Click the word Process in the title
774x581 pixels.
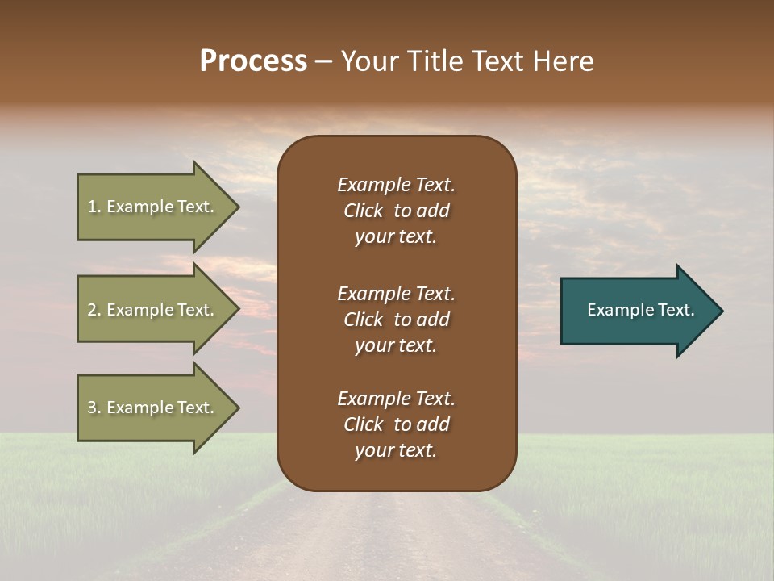coord(253,61)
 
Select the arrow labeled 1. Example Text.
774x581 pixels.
coord(151,207)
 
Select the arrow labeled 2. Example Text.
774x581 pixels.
coord(151,310)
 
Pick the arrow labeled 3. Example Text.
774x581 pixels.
coord(151,408)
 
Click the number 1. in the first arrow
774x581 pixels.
coord(94,207)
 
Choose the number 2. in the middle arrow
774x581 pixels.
coord(94,310)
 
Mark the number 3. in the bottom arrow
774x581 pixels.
coord(94,408)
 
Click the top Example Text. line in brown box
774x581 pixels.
coord(396,185)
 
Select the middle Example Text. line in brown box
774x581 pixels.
coord(396,294)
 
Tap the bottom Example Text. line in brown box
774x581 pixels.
coord(396,399)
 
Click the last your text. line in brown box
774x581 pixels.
coord(396,451)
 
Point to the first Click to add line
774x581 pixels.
coord(396,211)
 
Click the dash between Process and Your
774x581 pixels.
coord(323,62)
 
